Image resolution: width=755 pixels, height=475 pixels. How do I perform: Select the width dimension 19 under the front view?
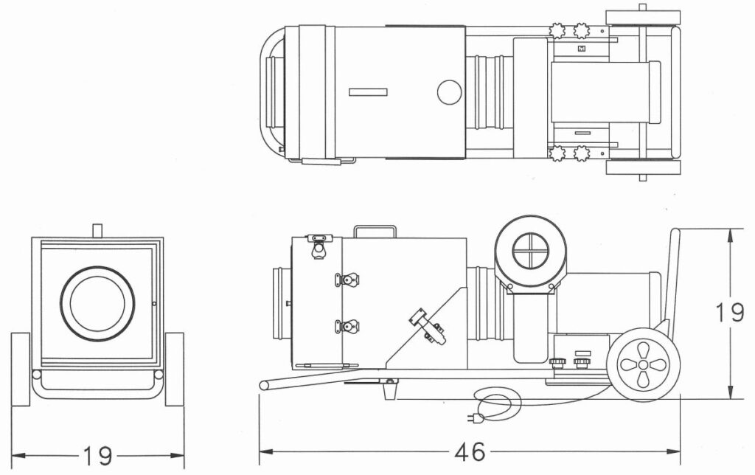coord(97,456)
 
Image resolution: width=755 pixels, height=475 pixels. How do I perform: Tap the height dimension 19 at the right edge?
coord(730,313)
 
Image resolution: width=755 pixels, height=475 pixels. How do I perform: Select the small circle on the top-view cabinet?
coord(448,92)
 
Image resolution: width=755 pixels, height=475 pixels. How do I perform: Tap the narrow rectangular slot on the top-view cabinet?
coord(368,91)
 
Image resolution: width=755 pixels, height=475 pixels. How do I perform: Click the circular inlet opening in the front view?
coord(98,304)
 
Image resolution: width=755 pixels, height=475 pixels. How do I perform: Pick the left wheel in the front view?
coord(21,369)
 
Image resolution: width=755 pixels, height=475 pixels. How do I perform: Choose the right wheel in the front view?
coord(175,369)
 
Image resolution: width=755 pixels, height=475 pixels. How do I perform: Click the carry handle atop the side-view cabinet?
coord(375,231)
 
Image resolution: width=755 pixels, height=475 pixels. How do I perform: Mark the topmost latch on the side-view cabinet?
coord(319,246)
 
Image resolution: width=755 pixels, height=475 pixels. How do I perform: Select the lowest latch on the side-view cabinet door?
coord(347,325)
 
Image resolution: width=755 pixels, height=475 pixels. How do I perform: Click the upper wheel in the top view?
coord(642,18)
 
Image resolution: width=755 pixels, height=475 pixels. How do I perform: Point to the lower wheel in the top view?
coord(642,167)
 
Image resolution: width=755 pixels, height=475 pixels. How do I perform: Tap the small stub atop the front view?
coord(97,229)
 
